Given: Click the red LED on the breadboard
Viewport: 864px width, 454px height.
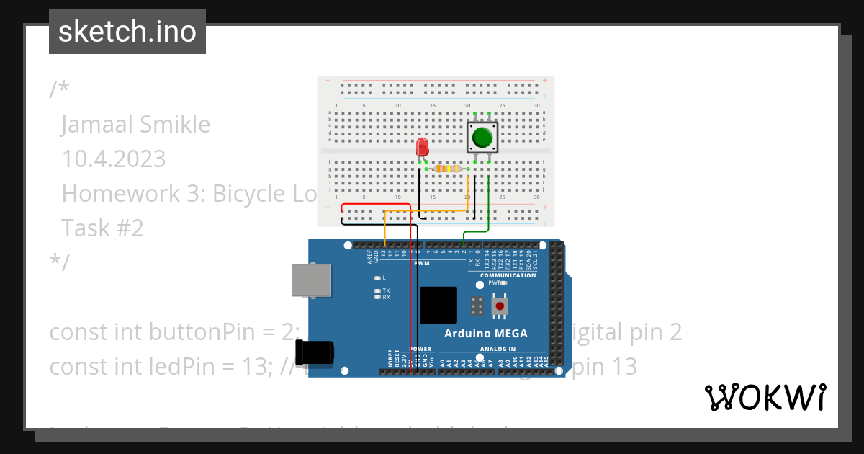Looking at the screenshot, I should coord(423,148).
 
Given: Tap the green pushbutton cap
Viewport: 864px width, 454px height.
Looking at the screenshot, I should coord(482,135).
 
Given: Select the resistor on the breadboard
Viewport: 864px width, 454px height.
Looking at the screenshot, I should coord(448,169).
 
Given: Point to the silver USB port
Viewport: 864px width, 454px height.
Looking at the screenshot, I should coord(311,280).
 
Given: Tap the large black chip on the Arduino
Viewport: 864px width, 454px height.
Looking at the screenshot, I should coord(438,305).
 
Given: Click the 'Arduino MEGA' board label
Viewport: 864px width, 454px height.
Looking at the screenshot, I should coord(485,334).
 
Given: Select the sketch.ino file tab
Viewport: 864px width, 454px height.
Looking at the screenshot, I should coord(127,32).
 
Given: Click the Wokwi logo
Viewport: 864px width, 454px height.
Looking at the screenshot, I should coord(765,397).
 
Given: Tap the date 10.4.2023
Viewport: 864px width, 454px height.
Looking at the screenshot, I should coord(114,159).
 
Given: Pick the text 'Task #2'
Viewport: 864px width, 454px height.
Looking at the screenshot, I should coord(102,228).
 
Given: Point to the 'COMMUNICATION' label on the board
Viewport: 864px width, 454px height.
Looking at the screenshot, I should coord(508,275).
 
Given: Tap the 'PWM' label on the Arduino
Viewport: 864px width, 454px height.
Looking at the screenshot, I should coord(421,263).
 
